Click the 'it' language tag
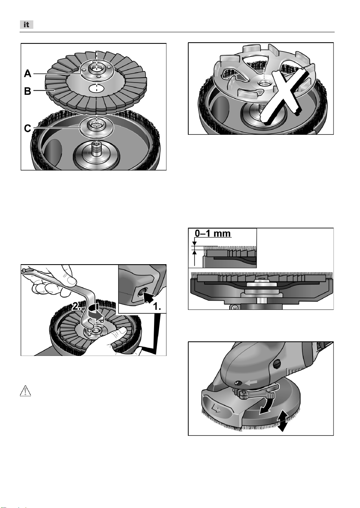click(x=27, y=25)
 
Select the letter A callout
click(x=28, y=74)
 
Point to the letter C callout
click(x=27, y=128)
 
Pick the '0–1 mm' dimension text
click(x=213, y=233)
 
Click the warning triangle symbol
click(x=25, y=391)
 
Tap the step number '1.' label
click(x=157, y=307)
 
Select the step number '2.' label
click(x=76, y=307)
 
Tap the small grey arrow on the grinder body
click(x=251, y=382)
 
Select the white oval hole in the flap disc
click(x=96, y=88)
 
